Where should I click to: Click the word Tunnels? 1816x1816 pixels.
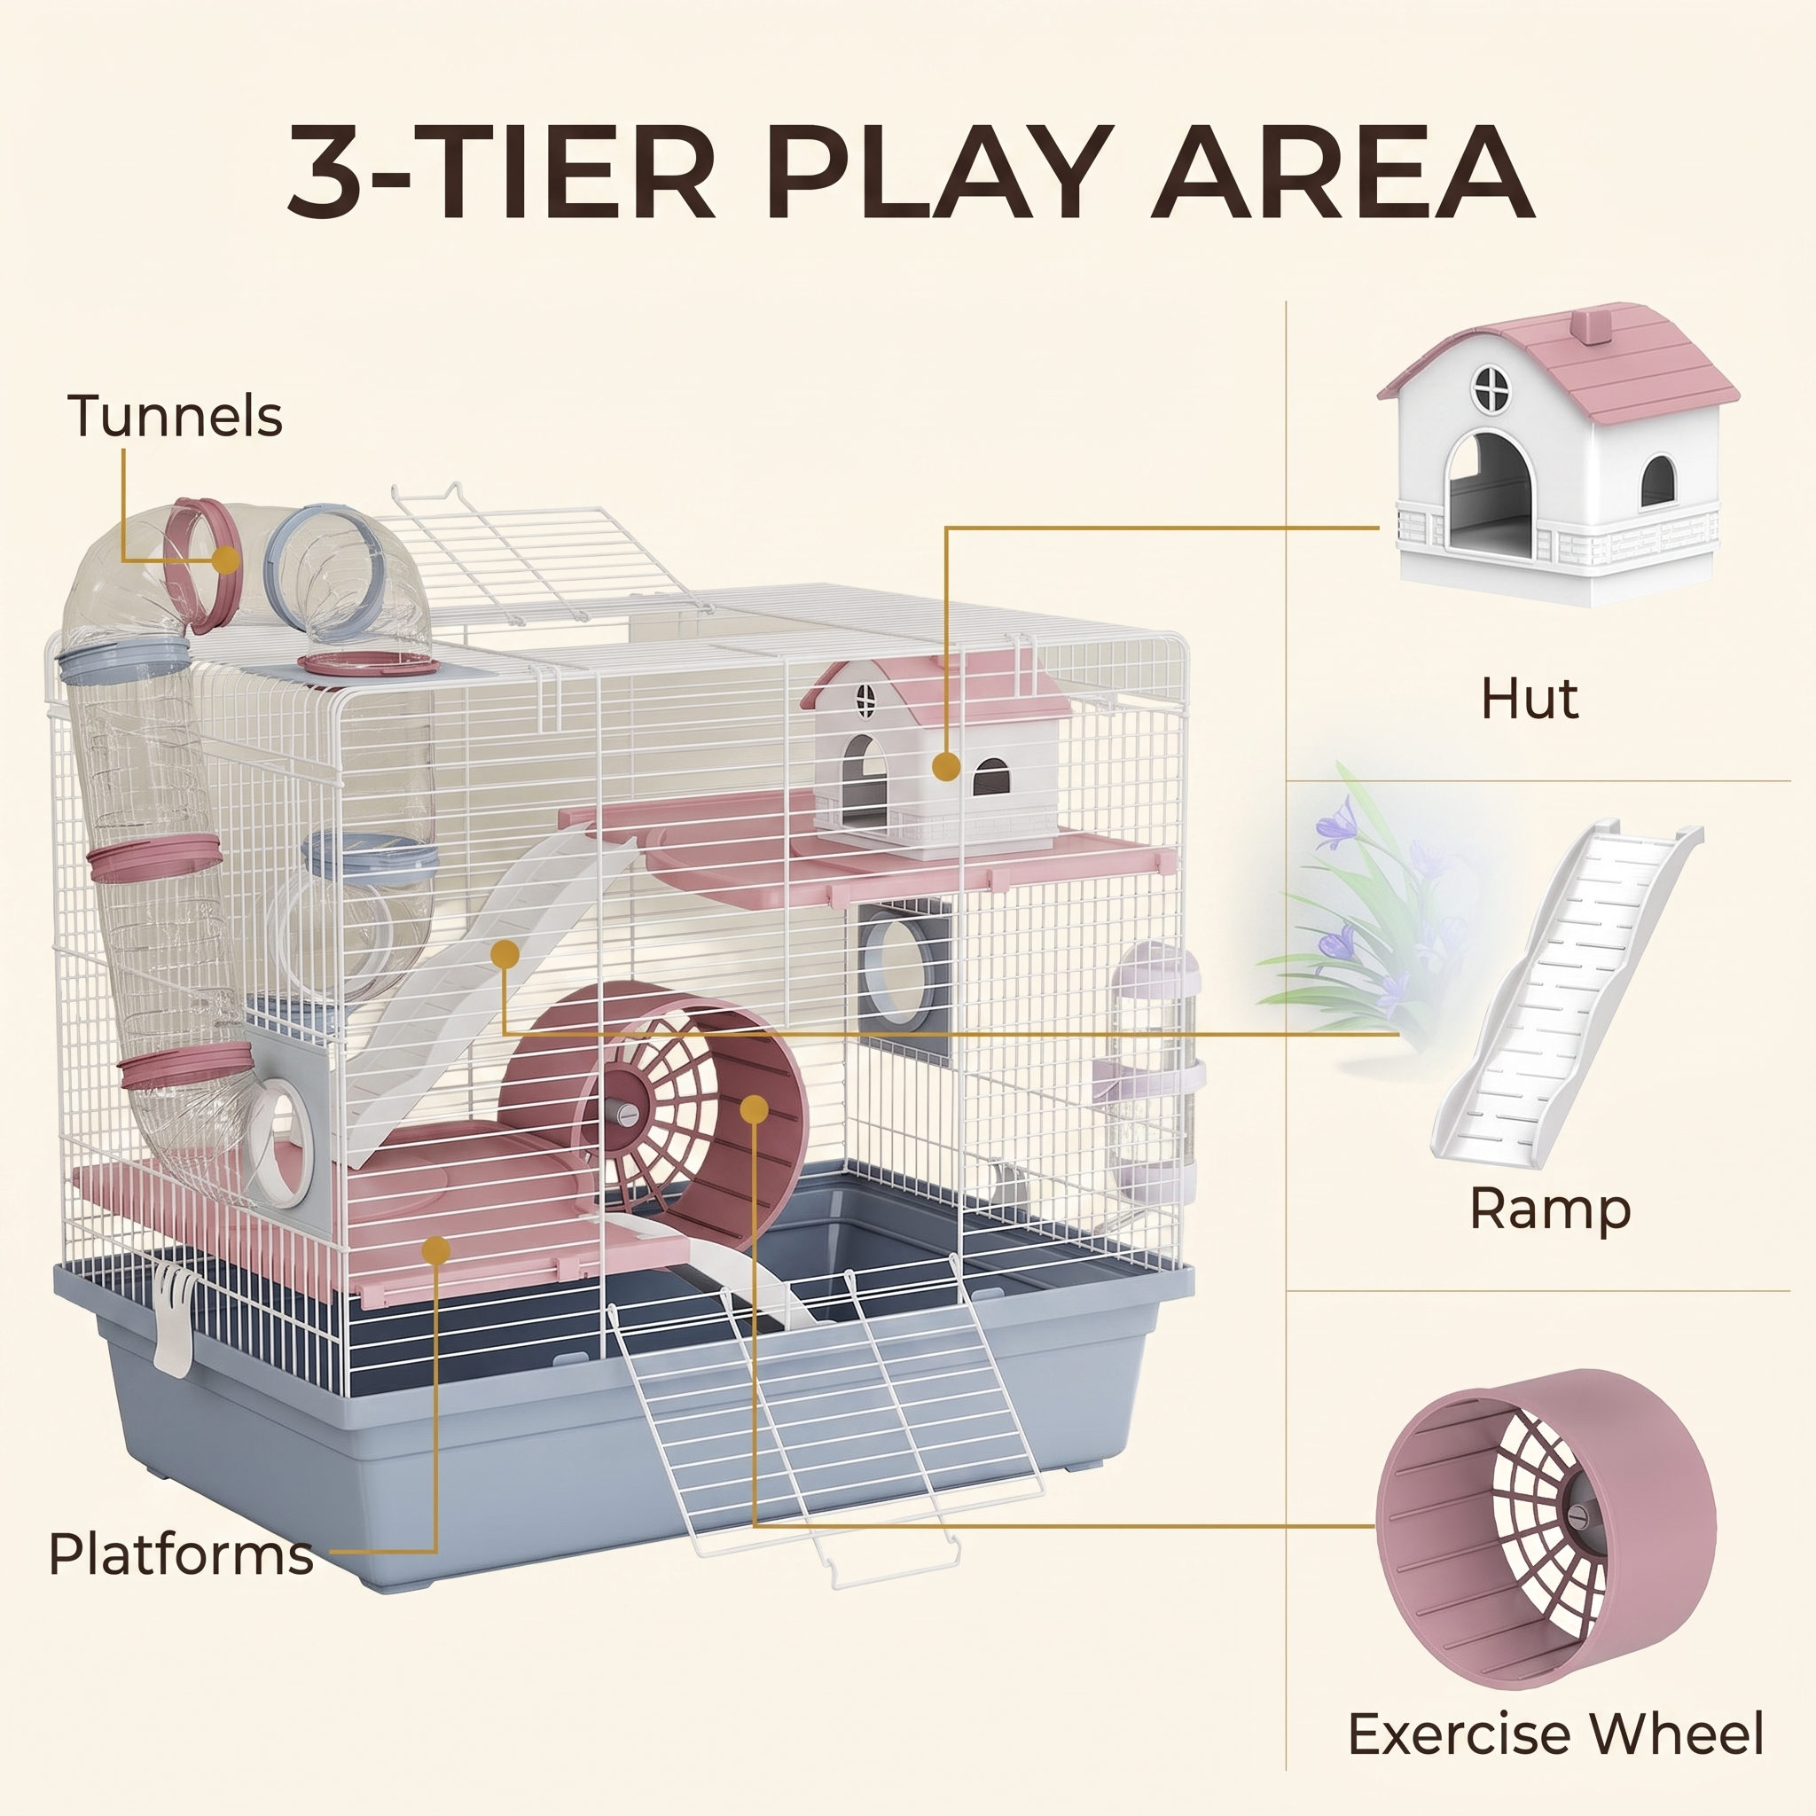(175, 416)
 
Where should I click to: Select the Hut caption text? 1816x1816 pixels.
(1530, 700)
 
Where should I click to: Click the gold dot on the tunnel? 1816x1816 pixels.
(224, 560)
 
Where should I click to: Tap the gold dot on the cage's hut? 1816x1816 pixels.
(946, 767)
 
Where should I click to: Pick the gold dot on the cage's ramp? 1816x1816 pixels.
(505, 953)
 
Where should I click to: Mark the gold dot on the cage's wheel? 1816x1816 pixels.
(753, 1109)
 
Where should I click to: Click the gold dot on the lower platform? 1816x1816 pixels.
(436, 1250)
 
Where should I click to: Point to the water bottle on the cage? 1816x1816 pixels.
(1155, 1081)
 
